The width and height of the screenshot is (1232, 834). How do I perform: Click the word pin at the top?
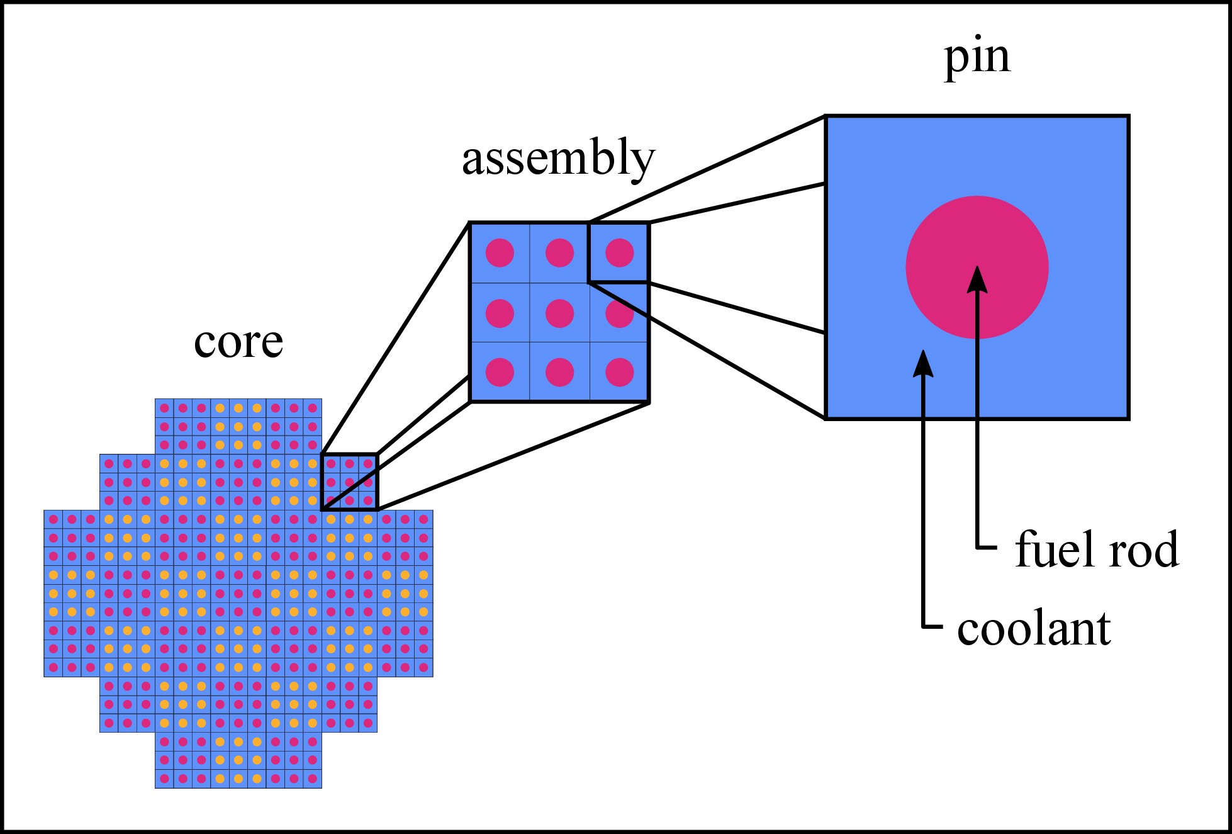[977, 58]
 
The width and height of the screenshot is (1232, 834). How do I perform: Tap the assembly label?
[558, 159]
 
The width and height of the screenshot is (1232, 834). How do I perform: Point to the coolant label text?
[1034, 629]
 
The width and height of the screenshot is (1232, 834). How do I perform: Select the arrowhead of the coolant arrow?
[923, 363]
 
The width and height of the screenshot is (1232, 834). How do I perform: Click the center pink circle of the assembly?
[559, 313]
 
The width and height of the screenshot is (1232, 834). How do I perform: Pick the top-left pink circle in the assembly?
[500, 253]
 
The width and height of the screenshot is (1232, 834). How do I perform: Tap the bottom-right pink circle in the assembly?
[619, 372]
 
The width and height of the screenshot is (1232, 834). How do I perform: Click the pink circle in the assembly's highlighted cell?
[619, 253]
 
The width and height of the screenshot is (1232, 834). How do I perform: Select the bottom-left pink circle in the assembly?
[500, 372]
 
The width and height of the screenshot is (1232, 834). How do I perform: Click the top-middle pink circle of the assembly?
[559, 253]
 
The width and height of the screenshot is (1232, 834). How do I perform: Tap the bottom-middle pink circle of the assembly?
[559, 372]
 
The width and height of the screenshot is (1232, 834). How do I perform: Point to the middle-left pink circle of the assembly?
[500, 313]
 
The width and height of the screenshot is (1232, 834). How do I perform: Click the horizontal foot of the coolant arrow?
[933, 627]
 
